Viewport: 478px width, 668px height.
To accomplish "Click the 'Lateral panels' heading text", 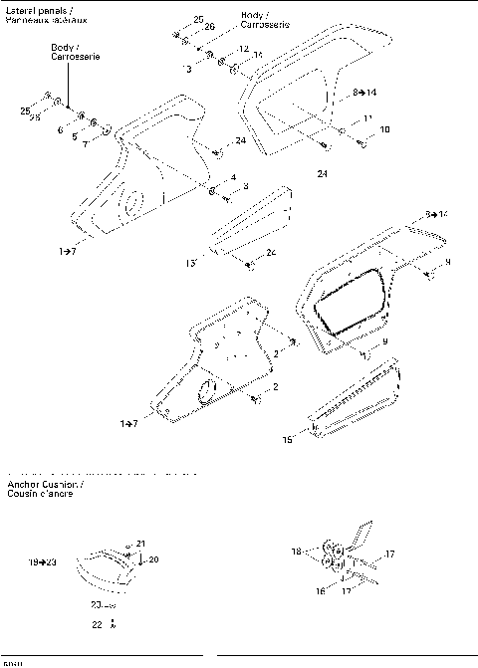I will tap(31, 11).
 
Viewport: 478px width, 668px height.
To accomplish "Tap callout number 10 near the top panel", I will tap(384, 129).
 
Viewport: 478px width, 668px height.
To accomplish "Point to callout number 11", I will tap(367, 118).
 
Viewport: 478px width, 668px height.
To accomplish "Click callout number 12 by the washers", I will tap(243, 49).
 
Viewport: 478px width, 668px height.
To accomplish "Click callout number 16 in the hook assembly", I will tap(321, 589).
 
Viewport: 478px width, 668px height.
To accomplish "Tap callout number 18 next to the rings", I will tap(296, 551).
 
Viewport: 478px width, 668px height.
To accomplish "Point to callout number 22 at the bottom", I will tap(97, 624).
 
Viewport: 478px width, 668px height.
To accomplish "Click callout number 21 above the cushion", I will tap(141, 543).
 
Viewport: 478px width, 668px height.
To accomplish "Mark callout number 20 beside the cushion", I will tap(153, 559).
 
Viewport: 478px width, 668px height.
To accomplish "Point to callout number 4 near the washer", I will tap(233, 177).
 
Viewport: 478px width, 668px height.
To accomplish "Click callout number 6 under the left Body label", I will tap(60, 129).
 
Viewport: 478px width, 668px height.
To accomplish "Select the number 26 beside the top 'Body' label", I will tap(210, 25).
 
